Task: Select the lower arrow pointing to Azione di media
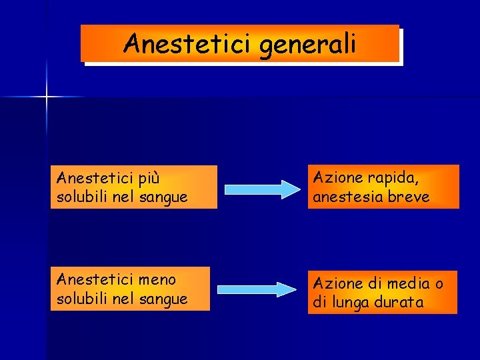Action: point(257,289)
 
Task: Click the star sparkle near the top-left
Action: point(46,97)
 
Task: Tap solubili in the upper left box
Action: point(83,197)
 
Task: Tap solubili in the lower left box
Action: point(83,299)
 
